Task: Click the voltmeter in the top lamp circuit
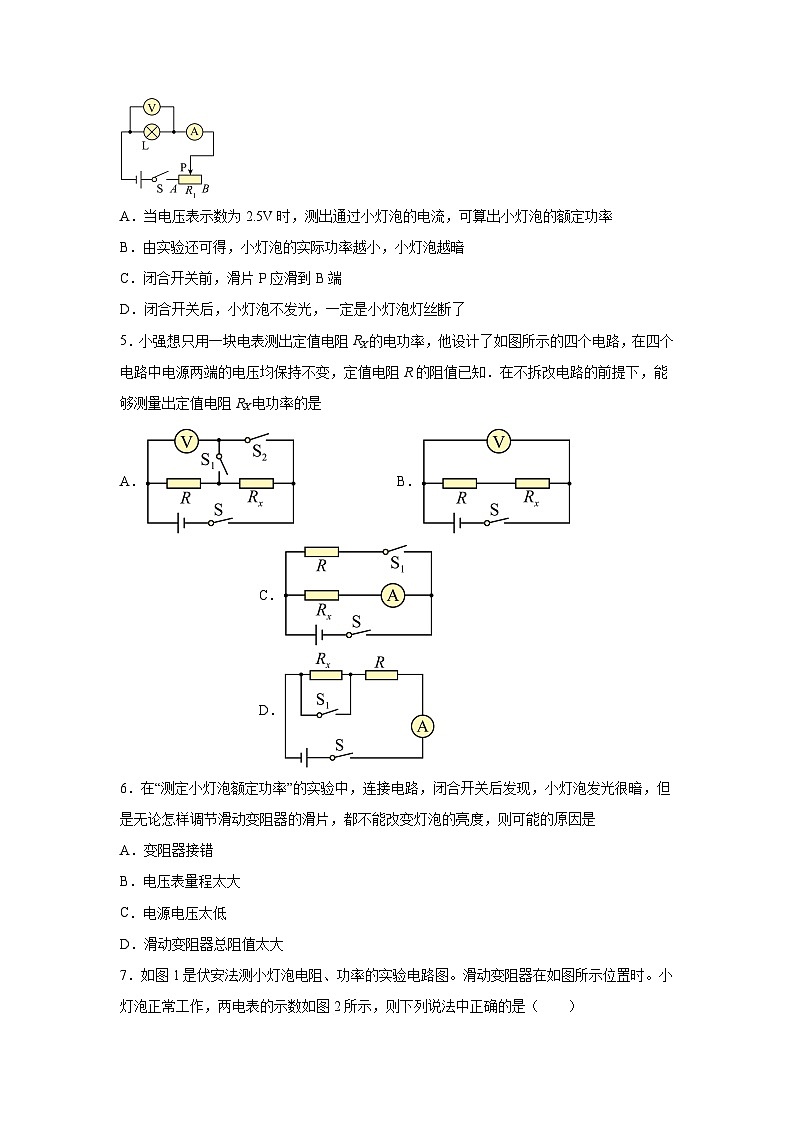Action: [152, 106]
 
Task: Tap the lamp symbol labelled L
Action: [152, 131]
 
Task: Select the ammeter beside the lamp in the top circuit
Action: [196, 131]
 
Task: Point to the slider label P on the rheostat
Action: [183, 167]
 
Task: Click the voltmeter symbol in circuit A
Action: [183, 440]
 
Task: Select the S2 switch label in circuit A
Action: [259, 454]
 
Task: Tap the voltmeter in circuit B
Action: [499, 440]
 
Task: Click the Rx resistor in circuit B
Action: [533, 482]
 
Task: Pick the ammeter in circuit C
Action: [393, 595]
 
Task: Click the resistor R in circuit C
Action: [322, 551]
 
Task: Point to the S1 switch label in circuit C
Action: [396, 565]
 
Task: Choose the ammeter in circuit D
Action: [422, 727]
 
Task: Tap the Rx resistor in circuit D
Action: [326, 674]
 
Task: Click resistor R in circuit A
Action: [183, 482]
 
